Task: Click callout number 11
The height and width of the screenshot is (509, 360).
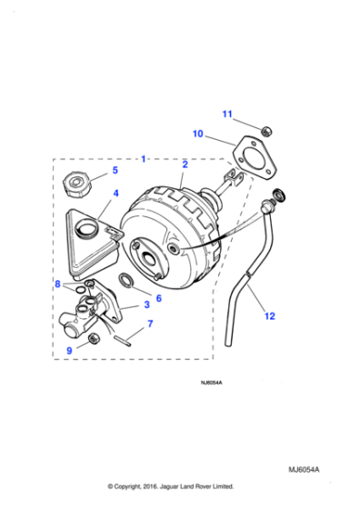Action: click(x=228, y=114)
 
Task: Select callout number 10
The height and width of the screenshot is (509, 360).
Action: click(x=197, y=135)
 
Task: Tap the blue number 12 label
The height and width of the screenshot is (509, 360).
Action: click(x=268, y=316)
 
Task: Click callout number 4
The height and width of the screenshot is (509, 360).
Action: click(x=115, y=194)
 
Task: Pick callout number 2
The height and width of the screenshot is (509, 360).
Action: click(x=185, y=165)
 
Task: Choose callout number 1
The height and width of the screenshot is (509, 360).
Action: click(x=143, y=159)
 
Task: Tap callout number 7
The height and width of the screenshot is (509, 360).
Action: click(x=150, y=323)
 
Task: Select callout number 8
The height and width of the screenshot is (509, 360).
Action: click(x=57, y=284)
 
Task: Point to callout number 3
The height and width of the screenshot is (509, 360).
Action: click(x=146, y=305)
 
